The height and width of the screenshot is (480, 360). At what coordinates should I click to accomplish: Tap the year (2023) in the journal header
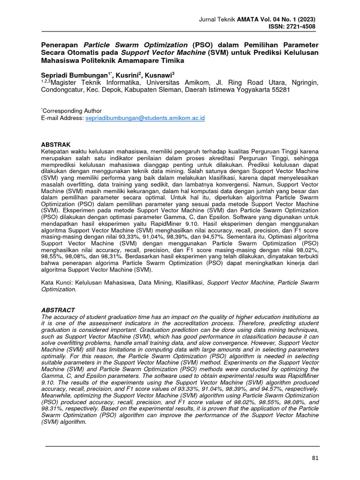click(305, 19)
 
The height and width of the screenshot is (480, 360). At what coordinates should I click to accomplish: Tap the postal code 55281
click(280, 90)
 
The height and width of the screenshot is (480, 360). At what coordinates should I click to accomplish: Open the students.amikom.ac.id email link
click(145, 119)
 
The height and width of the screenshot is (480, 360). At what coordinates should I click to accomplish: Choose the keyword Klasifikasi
click(187, 283)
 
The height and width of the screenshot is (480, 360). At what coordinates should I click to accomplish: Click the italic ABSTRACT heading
click(58, 310)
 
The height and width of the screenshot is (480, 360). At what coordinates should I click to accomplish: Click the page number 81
click(315, 458)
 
